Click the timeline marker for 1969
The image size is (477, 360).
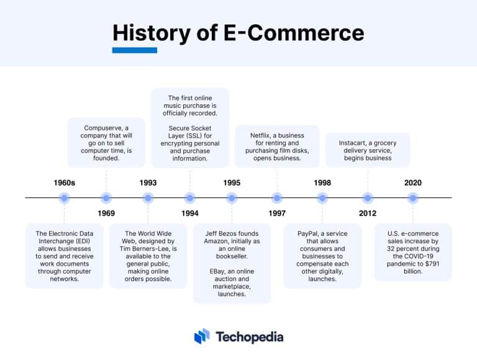point(106,198)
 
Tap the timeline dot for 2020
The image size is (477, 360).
point(413,198)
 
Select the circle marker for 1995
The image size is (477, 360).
point(232,198)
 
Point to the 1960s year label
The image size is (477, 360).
point(64,183)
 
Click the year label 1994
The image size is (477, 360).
point(190,214)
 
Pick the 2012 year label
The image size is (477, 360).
point(368,214)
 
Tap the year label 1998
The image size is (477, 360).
point(322,183)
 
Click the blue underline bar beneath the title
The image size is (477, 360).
point(135,50)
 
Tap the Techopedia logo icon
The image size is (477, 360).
point(201,336)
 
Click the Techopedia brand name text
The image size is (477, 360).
point(250,337)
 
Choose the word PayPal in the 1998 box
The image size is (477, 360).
point(309,233)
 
